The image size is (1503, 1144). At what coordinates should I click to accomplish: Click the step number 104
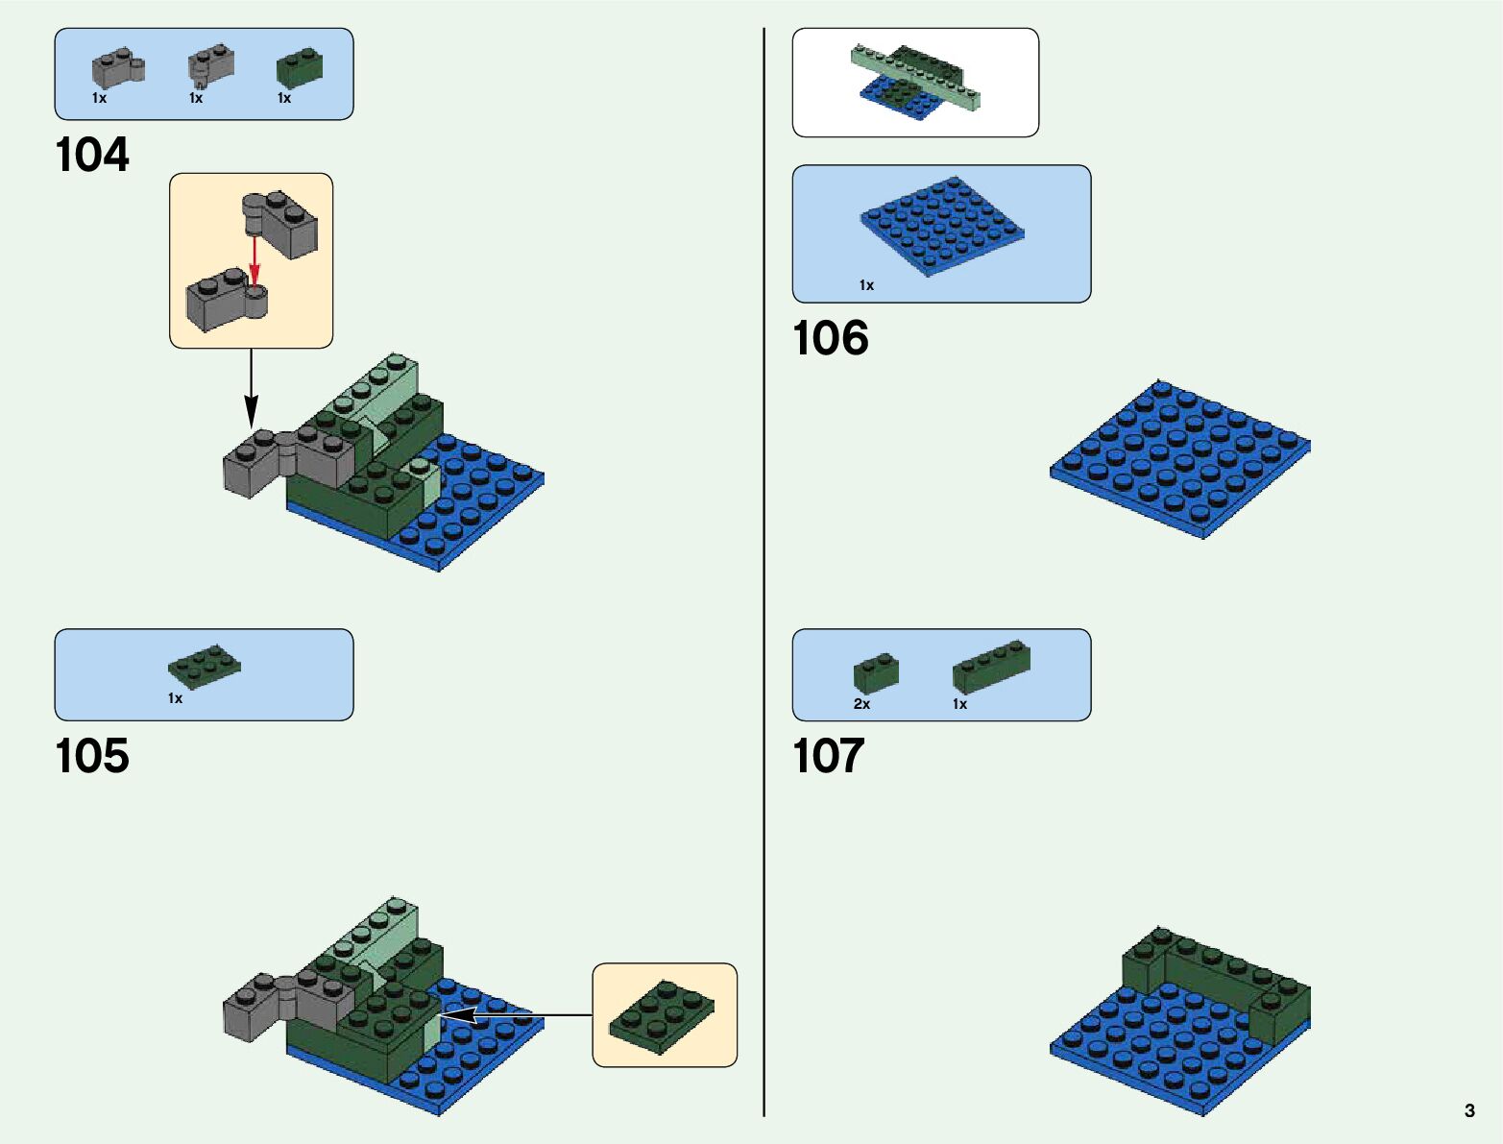point(92,156)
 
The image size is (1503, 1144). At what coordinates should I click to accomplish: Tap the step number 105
point(92,756)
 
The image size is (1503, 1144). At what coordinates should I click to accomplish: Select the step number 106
point(830,338)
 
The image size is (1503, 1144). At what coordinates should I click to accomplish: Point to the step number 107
point(828,756)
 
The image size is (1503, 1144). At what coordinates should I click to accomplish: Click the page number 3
point(1469,1110)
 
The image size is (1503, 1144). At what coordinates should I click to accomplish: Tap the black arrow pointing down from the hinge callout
point(251,388)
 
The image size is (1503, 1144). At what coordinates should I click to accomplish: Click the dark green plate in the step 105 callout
point(664,1016)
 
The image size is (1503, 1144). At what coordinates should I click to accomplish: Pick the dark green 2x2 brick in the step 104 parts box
point(300,69)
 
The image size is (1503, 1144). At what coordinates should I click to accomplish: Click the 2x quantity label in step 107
point(861,704)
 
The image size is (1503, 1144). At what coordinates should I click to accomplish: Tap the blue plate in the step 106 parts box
point(941,226)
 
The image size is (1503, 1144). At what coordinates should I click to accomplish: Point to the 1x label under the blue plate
point(866,285)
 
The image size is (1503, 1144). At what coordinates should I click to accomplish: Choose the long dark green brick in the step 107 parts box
point(991,666)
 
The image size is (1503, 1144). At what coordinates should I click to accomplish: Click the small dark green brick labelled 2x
point(876,672)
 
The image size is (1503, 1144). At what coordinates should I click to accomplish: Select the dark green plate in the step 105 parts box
point(204,667)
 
